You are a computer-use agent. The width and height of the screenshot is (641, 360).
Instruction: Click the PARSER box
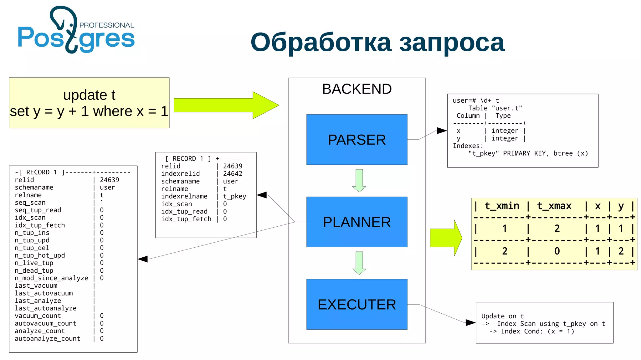(356, 140)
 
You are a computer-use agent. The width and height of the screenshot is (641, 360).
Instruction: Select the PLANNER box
(356, 222)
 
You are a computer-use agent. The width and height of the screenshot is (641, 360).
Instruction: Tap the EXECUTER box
(356, 304)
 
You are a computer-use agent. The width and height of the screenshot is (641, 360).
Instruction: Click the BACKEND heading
(356, 89)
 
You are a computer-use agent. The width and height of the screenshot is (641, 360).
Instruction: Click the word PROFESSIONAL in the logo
(107, 25)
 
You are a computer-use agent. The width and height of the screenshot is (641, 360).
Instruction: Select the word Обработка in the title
(321, 42)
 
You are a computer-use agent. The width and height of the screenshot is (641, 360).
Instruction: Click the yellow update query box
(89, 103)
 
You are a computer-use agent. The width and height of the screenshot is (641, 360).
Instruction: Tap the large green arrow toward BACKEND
(225, 105)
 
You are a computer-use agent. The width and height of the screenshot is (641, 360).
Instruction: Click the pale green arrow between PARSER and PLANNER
(359, 180)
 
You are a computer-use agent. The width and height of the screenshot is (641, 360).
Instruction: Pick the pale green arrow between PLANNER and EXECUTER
(359, 263)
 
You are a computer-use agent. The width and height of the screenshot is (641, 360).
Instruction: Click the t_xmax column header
(554, 206)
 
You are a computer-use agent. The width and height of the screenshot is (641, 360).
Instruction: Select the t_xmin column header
(502, 206)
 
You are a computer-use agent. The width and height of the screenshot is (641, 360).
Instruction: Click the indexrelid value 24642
(233, 174)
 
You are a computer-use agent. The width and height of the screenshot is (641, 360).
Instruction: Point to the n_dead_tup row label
(34, 270)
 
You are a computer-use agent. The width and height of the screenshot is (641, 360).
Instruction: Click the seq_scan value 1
(102, 203)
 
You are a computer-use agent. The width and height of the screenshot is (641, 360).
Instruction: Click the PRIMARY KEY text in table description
(526, 153)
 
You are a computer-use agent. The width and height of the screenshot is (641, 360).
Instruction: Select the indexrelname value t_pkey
(234, 196)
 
